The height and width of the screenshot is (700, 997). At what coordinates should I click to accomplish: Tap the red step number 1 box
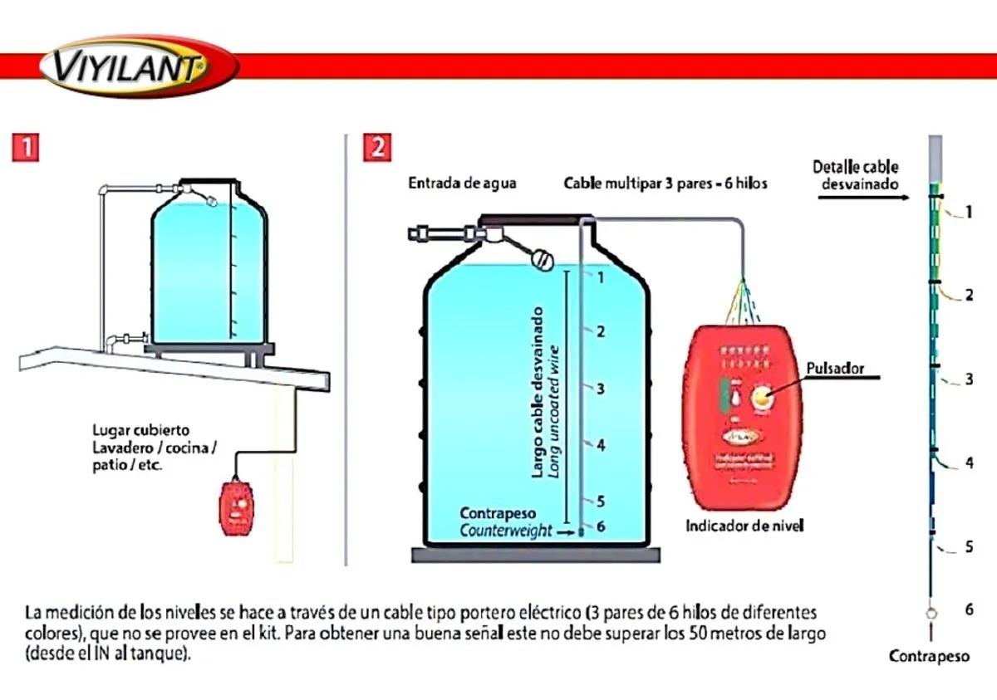(x=27, y=148)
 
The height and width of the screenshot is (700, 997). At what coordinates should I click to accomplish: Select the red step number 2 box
(x=377, y=148)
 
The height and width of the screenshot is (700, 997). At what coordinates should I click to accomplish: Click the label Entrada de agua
(x=461, y=183)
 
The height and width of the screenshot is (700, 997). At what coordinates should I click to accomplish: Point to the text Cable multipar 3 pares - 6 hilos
(x=665, y=184)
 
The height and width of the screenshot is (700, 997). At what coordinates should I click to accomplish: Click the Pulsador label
(x=835, y=368)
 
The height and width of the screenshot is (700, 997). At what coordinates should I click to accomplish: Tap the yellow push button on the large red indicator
(x=762, y=399)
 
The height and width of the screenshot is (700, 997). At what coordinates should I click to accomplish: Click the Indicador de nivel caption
(x=744, y=526)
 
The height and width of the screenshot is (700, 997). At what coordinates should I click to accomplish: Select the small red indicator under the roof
(x=239, y=507)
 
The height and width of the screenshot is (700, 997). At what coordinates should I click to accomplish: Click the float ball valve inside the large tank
(x=543, y=260)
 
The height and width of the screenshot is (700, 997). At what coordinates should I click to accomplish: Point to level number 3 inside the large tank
(x=601, y=389)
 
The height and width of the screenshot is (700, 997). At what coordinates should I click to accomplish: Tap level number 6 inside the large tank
(x=601, y=526)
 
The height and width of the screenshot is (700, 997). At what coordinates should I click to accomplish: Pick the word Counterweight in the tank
(x=506, y=531)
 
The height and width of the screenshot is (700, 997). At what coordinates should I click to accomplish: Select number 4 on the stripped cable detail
(x=969, y=463)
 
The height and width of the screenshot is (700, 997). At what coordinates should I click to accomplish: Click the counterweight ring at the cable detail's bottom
(x=932, y=614)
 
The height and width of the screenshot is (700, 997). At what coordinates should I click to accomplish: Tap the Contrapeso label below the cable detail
(x=929, y=656)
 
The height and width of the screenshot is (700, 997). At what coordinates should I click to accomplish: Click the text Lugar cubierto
(x=140, y=430)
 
